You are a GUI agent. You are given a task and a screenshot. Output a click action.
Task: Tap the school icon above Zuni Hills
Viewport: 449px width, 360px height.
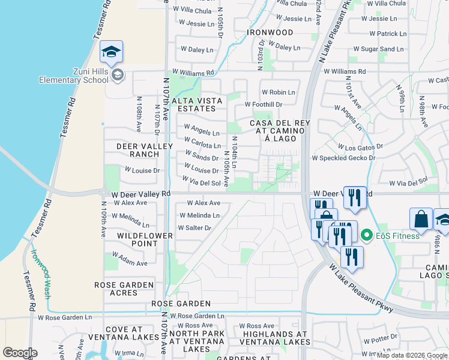tap(112, 53)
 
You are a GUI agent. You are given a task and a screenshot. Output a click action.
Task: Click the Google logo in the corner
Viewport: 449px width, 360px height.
tap(19, 353)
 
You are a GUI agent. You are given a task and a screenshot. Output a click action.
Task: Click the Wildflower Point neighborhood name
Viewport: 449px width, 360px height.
tap(145, 239)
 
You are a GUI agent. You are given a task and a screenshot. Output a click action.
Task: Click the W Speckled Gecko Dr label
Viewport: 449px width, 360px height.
tap(343, 158)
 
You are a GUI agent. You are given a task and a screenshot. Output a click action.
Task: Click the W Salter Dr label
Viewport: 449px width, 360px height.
tap(194, 228)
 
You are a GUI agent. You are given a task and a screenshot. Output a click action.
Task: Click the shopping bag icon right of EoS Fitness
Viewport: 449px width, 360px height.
tap(421, 220)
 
